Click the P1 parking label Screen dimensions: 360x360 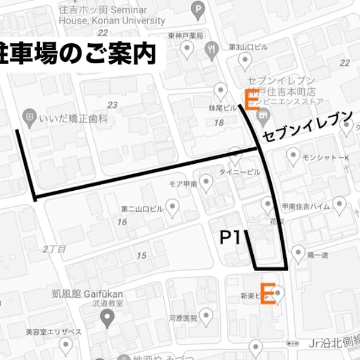tap(230, 238)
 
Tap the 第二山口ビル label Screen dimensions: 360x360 tap(142, 209)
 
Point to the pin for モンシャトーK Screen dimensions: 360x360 tap(293, 157)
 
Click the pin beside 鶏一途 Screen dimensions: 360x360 tap(298, 253)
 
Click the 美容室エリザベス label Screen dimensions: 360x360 tap(53, 331)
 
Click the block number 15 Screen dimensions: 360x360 tap(142, 256)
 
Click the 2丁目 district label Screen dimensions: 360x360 tap(54, 248)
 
